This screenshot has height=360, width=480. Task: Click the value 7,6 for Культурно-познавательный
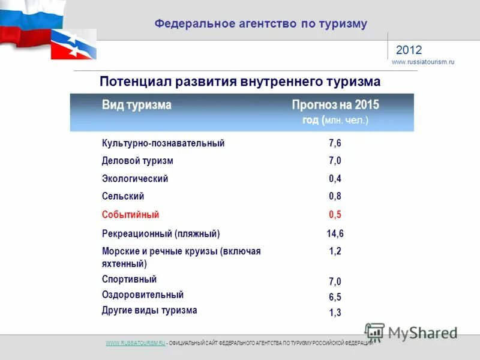[x=335, y=143]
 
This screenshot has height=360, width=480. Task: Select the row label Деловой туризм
[x=137, y=161]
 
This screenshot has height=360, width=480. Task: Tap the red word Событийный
[x=130, y=214]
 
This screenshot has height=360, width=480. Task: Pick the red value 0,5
[x=335, y=215]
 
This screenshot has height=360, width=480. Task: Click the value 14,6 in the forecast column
[x=335, y=234]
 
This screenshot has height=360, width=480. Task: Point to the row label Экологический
[x=135, y=179]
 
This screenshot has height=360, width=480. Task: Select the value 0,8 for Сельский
[x=335, y=196]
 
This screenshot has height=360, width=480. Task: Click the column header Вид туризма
[x=136, y=105]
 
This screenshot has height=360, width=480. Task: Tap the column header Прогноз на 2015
[x=335, y=105]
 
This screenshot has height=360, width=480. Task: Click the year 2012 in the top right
[x=409, y=50]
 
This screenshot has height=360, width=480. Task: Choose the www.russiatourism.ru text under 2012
[x=423, y=62]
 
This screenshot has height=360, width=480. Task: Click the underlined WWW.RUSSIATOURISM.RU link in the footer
[x=135, y=343]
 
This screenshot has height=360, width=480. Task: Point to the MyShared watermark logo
[x=411, y=332]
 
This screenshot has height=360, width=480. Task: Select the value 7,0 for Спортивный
[x=335, y=281]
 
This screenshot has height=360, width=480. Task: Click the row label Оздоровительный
[x=143, y=295]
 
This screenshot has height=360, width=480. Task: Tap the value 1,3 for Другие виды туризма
[x=335, y=313]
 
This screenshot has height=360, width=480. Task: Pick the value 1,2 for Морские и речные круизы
[x=335, y=252]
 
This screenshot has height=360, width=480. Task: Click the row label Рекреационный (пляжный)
[x=161, y=233]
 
